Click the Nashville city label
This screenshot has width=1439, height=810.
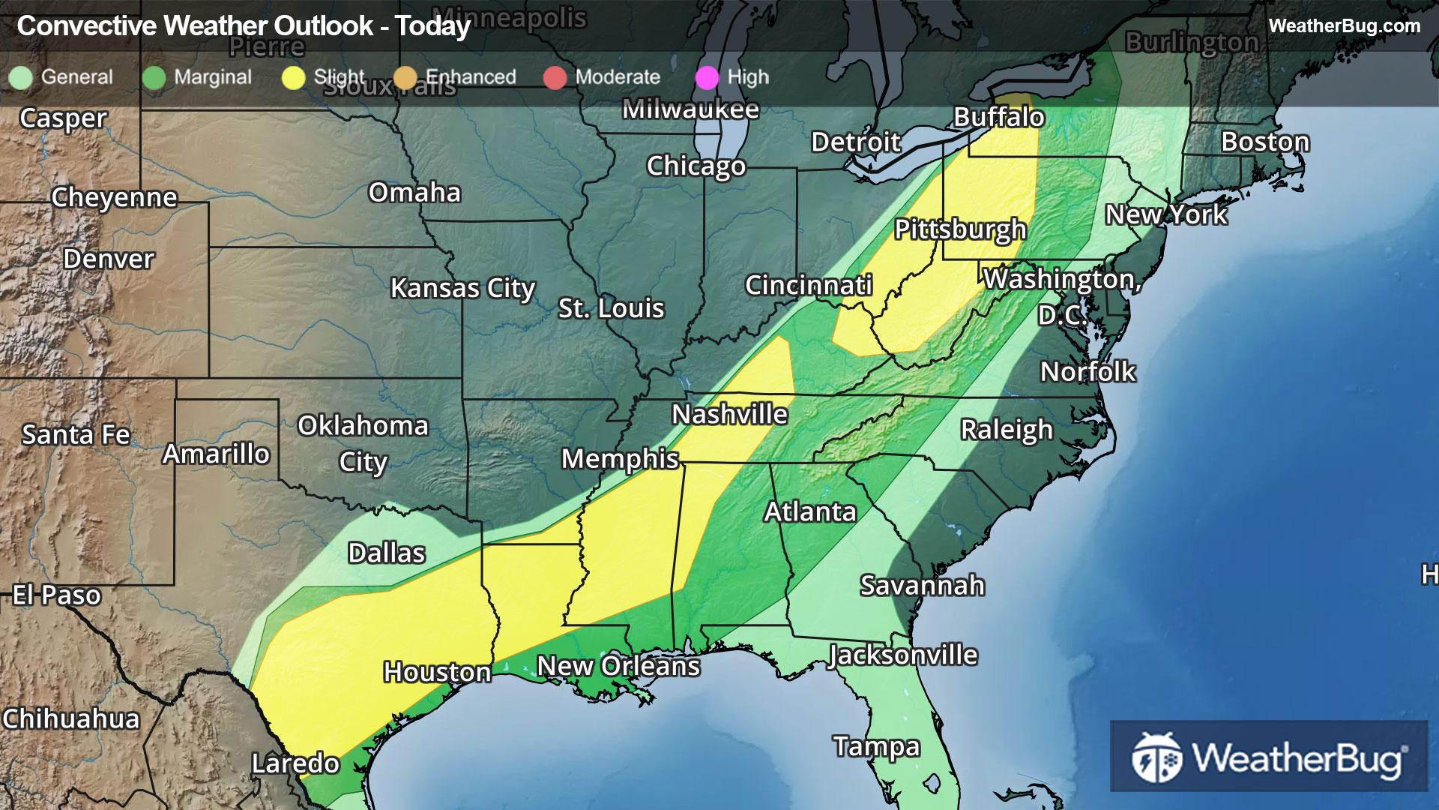pos(729,414)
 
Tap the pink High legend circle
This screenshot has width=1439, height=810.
pos(707,77)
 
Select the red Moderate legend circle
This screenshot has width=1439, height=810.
pos(555,77)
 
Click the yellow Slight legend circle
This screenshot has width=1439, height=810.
pos(293,77)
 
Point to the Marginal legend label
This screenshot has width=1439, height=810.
pos(213,77)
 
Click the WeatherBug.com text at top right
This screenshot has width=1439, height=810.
pos(1344,25)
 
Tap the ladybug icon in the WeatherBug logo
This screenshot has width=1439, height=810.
pos(1156,757)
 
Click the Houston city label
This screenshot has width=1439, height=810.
pos(437,672)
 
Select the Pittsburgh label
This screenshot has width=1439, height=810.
pos(960,229)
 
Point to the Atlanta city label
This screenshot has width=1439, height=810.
pos(809,511)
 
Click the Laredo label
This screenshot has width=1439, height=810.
pos(295,763)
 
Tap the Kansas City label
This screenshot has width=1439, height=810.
pos(462,288)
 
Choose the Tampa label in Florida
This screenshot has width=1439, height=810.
pos(876,746)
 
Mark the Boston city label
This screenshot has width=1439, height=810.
pos(1265,142)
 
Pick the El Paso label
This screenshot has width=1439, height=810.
pos(57,595)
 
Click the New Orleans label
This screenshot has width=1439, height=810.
pos(618,666)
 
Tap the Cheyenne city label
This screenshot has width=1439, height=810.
pos(114,197)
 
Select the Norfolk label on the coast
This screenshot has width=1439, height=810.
pos(1087,372)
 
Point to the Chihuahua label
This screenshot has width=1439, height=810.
pos(71,718)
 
